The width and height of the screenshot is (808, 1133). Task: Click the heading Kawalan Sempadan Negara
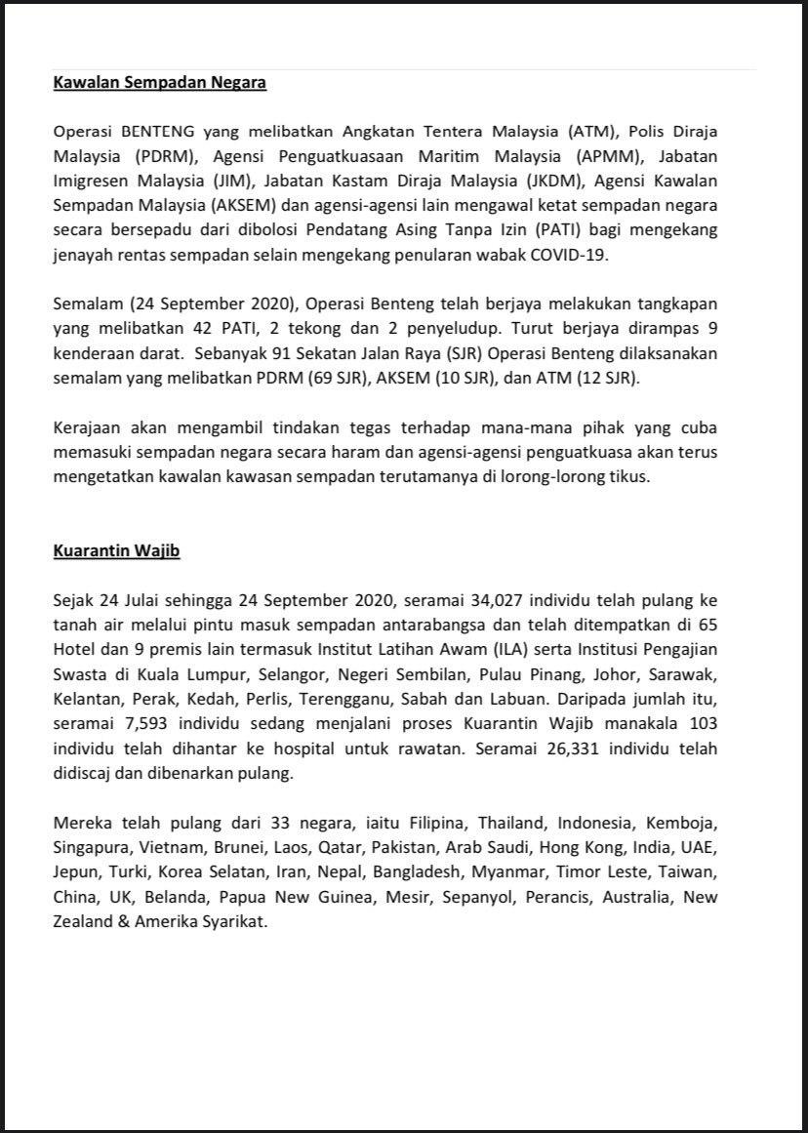click(x=159, y=83)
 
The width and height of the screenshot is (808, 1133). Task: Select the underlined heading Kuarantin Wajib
click(x=116, y=551)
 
